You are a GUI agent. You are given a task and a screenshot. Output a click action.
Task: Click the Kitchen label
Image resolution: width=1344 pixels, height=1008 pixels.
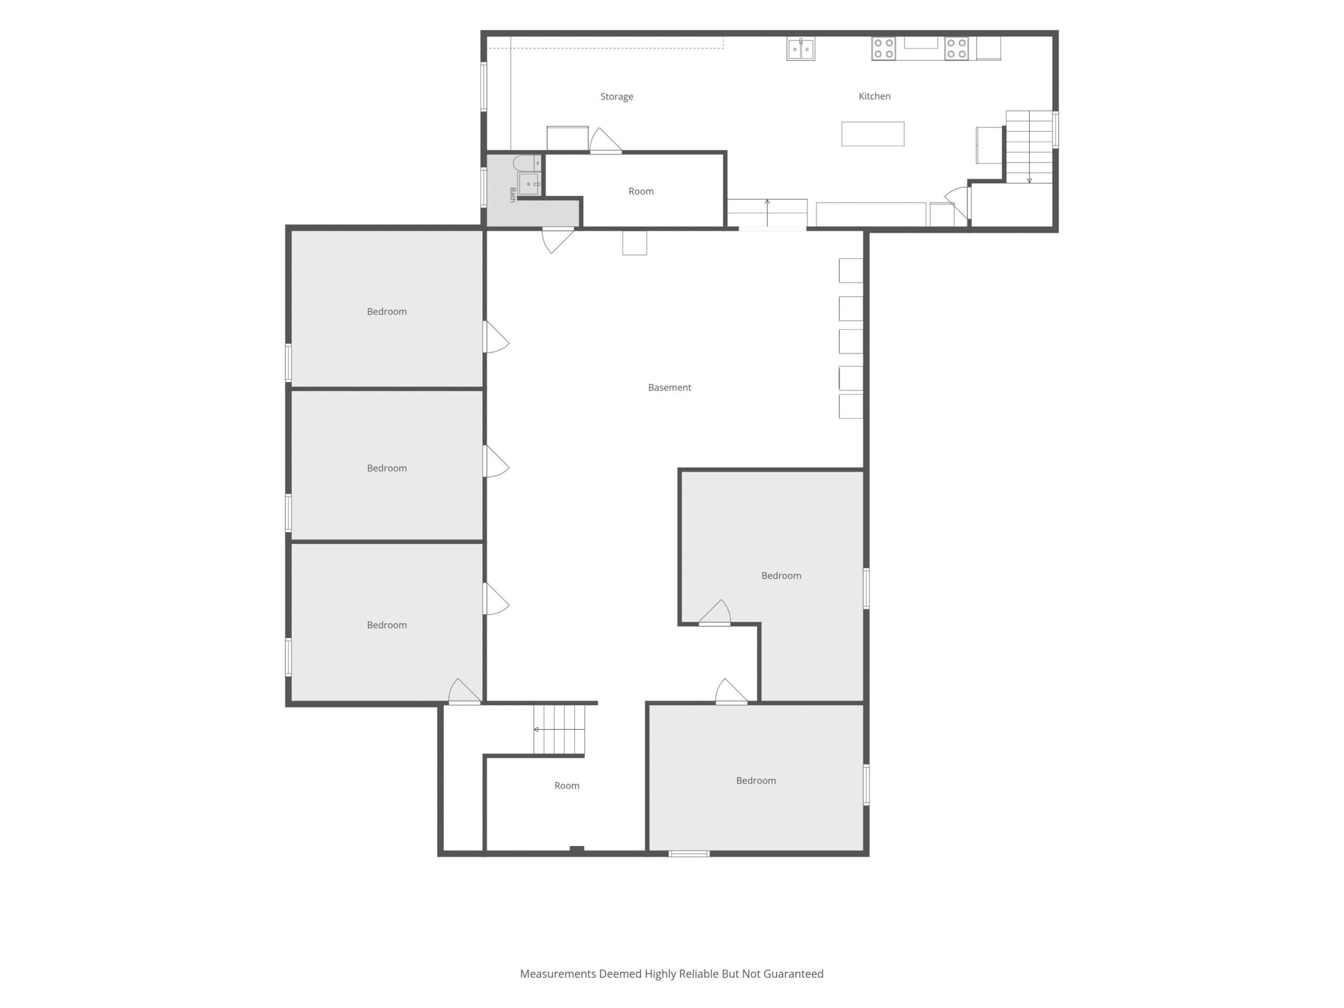coord(874,96)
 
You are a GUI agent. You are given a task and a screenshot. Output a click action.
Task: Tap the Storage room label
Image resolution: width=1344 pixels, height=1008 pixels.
coord(617,97)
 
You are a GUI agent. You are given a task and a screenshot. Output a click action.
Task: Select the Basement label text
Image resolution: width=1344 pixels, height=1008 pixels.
coord(669,387)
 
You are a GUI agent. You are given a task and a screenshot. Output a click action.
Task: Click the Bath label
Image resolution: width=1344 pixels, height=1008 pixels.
coord(512,194)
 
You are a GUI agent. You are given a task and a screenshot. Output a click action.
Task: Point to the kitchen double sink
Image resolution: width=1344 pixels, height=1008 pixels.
coord(801,49)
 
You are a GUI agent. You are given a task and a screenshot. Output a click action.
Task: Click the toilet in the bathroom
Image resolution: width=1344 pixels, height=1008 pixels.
coord(527,163)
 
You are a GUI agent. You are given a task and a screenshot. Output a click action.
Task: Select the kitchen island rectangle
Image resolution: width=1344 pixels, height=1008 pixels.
coord(873,134)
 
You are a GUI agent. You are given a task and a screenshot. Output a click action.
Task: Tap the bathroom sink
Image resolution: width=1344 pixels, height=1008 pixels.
coord(529,184)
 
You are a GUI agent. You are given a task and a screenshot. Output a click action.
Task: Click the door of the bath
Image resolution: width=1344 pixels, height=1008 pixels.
coord(558,239)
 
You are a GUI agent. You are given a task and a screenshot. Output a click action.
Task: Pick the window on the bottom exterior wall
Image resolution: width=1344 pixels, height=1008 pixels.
coord(689,854)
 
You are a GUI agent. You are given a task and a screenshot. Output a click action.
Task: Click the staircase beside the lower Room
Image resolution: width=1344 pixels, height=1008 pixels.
coord(559,729)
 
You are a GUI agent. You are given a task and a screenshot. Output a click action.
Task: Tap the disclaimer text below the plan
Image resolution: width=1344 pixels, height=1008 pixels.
coord(671,973)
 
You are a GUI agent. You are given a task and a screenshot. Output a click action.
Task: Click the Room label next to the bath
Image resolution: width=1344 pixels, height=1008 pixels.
coord(641,192)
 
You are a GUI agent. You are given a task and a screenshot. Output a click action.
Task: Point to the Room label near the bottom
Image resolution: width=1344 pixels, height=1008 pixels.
coord(567,785)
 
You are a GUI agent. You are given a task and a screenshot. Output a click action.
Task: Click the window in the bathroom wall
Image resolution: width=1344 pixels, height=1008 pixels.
coord(484,188)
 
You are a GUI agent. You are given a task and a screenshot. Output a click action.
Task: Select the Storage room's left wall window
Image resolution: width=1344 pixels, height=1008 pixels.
coord(484,86)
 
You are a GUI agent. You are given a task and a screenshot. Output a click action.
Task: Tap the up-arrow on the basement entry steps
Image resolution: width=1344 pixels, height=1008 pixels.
coord(768,212)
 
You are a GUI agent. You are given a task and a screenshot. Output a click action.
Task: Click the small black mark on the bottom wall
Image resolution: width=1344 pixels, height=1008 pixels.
coord(576,849)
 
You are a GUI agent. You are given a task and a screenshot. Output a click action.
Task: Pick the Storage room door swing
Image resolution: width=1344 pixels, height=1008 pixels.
coord(605,140)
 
